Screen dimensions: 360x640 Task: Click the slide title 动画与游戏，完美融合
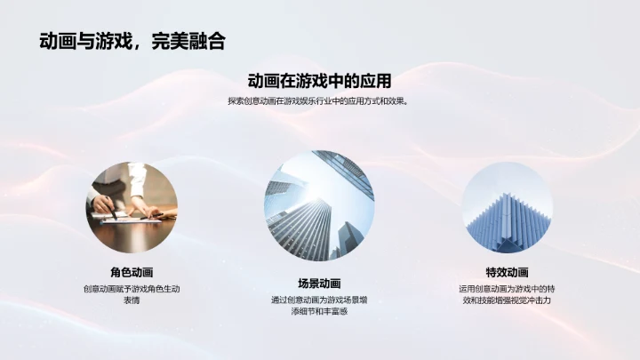tap(132, 40)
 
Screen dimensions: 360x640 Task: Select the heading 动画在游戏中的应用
tap(319, 81)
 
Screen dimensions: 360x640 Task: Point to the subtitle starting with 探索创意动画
tap(319, 101)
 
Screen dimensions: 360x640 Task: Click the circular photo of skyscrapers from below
tap(319, 205)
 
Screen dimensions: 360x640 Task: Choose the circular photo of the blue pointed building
tap(507, 207)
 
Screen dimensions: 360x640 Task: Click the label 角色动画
tap(132, 273)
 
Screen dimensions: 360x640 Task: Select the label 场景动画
tap(319, 284)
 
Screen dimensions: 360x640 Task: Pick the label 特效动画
tap(507, 273)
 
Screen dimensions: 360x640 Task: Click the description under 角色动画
tap(132, 295)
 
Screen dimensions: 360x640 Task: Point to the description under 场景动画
tap(319, 306)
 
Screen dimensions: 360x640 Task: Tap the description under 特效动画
tap(507, 295)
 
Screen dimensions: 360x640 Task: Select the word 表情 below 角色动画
tap(132, 301)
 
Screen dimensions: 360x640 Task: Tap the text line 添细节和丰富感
tap(319, 312)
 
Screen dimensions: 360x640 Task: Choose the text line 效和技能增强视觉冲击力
tap(507, 301)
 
